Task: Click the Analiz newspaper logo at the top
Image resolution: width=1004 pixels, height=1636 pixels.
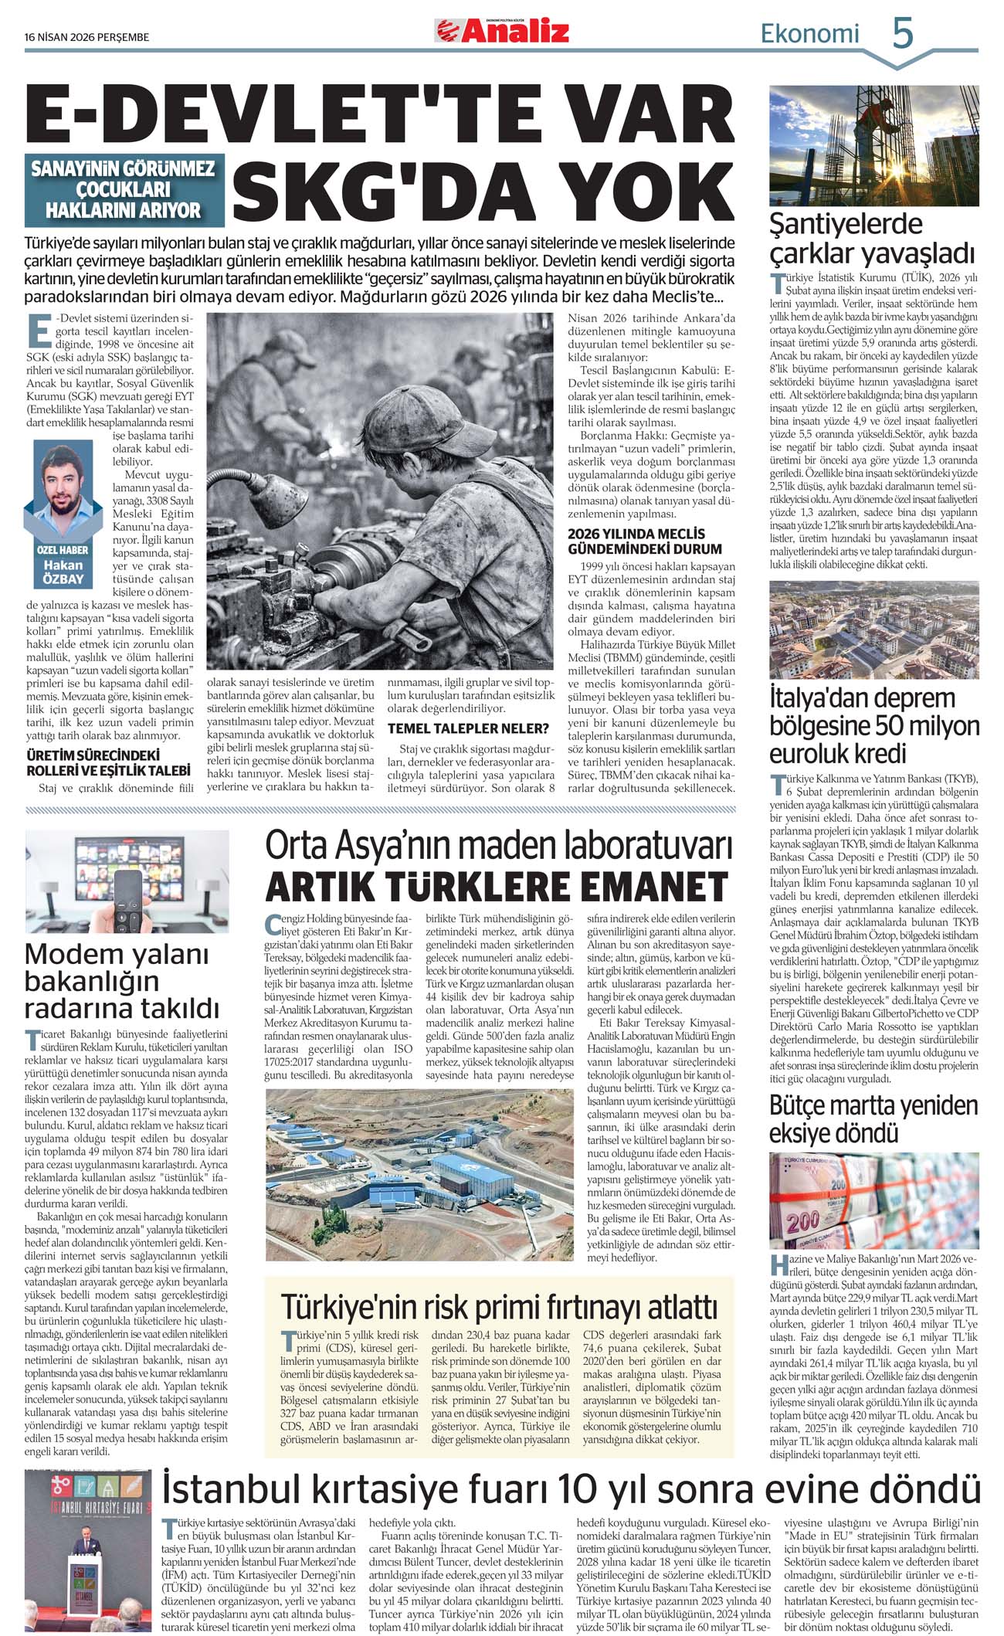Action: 502,31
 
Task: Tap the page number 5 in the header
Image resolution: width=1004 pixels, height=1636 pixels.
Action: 902,34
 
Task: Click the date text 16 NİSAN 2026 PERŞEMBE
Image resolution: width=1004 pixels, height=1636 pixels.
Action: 86,37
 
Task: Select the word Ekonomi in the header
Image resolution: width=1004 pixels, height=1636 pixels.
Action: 809,34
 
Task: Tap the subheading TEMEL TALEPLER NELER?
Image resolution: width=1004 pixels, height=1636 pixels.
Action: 468,728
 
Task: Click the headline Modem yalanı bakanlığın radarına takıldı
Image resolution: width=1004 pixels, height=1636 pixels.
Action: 122,981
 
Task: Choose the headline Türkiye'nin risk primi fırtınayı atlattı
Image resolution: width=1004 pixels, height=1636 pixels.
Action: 499,1307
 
